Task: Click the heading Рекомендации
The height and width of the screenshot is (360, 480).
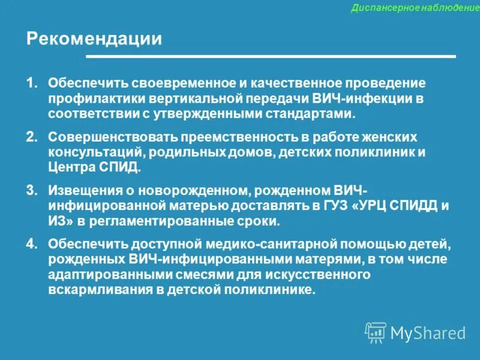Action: tap(94, 39)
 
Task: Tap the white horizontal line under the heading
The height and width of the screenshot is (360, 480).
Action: tap(271, 56)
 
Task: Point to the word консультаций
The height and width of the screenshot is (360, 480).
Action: tap(89, 152)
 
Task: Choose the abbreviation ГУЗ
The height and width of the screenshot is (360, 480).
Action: tap(336, 206)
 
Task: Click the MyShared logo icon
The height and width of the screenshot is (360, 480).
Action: tap(376, 332)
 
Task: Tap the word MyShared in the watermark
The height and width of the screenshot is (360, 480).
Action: tap(428, 333)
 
